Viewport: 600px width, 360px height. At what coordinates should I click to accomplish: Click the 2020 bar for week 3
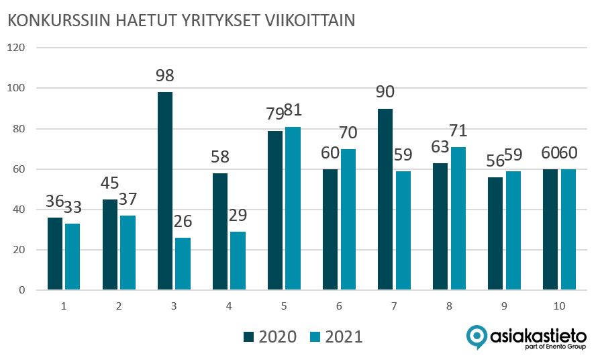[165, 191]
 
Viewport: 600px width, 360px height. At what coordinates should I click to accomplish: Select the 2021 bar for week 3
[183, 263]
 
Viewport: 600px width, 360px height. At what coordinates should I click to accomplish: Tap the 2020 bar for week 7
[385, 199]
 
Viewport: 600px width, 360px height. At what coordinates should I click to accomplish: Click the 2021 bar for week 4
[238, 261]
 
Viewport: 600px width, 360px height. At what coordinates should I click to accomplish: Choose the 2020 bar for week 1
[55, 253]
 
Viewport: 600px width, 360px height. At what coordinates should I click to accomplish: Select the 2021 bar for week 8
[458, 218]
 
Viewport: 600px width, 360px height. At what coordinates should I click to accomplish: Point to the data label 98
[165, 76]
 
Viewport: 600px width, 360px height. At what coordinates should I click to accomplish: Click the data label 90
[385, 92]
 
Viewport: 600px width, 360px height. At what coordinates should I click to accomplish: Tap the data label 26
[183, 221]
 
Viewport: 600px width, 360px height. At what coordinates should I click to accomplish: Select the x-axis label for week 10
[559, 306]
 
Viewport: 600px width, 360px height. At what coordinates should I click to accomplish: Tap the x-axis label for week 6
[339, 306]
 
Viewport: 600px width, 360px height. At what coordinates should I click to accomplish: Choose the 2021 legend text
[344, 336]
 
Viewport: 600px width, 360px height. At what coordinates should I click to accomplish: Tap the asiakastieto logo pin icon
[477, 336]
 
